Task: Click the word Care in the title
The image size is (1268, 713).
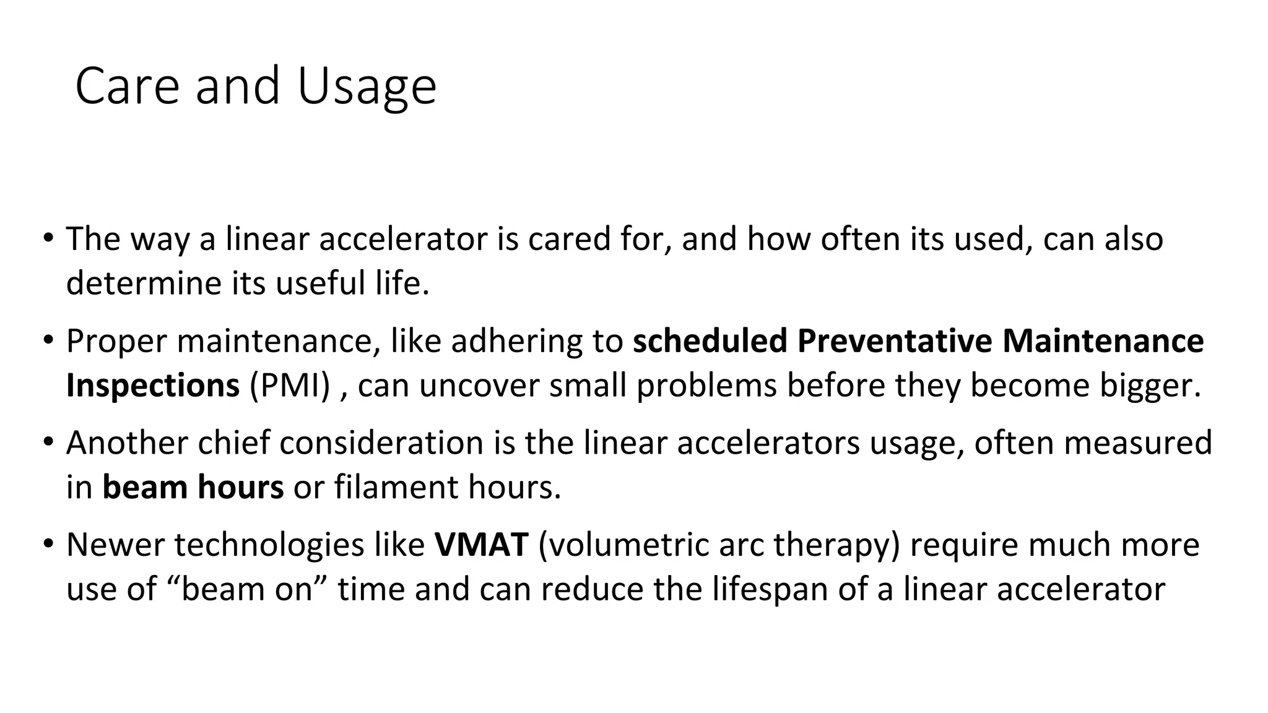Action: coord(127,86)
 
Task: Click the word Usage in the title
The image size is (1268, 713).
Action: coord(367,86)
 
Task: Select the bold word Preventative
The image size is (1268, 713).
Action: coord(895,341)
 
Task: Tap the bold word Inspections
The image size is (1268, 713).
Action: coord(152,385)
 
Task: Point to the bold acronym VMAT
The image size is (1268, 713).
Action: coord(481,545)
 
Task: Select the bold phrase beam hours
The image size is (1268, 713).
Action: coord(193,487)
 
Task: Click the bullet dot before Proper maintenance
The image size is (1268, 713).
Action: coord(48,340)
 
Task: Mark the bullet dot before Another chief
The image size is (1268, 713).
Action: coord(48,443)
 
